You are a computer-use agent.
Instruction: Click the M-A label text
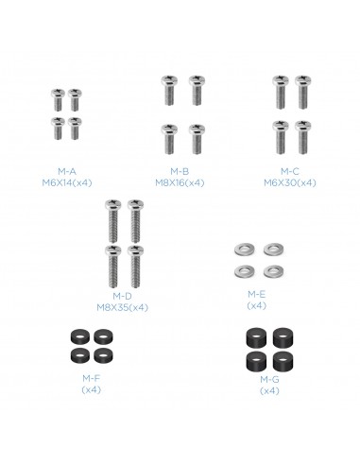67,172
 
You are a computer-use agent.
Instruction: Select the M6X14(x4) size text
67,183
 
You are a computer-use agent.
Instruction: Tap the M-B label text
180,172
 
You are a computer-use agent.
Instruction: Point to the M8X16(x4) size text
180,183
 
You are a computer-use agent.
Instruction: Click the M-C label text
290,172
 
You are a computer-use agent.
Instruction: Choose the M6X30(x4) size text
290,183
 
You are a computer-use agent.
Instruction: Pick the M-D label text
122,296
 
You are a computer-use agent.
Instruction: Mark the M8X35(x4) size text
122,307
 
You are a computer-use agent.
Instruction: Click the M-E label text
257,295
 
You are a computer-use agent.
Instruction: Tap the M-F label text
91,378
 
